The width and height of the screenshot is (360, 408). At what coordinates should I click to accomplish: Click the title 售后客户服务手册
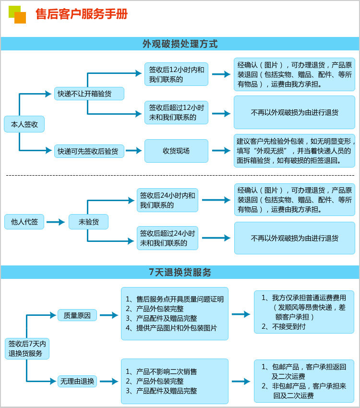tap(82, 14)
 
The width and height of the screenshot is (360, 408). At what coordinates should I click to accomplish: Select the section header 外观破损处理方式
tap(180, 44)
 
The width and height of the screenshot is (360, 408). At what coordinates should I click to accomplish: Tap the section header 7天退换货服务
tap(180, 272)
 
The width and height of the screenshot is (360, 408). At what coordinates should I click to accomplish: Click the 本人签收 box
tap(24, 124)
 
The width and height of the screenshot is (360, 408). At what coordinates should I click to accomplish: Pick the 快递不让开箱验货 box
tap(89, 94)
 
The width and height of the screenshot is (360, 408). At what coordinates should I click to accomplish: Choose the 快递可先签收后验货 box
tap(89, 151)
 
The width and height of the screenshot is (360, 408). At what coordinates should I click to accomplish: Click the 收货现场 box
tap(176, 151)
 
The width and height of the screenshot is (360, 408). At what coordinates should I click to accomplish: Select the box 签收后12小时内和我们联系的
tap(176, 74)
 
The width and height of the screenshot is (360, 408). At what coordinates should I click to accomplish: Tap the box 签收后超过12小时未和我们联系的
tap(176, 112)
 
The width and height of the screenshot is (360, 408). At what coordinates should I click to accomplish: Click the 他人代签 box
tap(24, 222)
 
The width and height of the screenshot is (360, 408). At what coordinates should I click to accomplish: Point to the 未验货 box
tap(88, 222)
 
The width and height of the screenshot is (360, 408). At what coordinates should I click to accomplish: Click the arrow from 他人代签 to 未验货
tap(56, 222)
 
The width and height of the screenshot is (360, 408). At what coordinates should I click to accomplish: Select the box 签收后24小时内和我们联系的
tap(168, 200)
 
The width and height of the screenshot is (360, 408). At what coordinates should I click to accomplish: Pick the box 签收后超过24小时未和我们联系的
tap(168, 238)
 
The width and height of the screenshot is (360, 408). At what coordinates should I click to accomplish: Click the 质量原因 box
tap(77, 315)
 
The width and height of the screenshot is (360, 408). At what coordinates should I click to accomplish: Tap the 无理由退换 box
tap(77, 381)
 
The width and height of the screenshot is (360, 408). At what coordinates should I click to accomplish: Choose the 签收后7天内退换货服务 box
tap(27, 348)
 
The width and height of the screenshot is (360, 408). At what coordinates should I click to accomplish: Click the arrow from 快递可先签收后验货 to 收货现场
tap(134, 151)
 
